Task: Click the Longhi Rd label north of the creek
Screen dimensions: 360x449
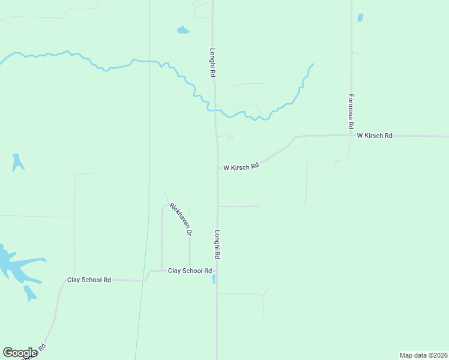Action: tap(212, 62)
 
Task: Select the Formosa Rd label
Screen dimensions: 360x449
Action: tap(351, 112)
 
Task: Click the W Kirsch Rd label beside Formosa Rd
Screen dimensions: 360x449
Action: tap(375, 136)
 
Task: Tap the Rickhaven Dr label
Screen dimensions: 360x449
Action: tap(180, 219)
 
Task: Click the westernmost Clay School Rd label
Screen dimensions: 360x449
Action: tap(89, 280)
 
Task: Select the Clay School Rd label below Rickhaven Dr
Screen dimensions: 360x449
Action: tap(190, 271)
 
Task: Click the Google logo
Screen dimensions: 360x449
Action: tap(20, 353)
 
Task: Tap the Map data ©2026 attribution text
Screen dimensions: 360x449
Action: tap(423, 355)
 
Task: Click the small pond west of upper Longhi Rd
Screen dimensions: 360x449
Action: tap(183, 29)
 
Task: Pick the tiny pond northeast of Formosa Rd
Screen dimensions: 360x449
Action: tap(360, 17)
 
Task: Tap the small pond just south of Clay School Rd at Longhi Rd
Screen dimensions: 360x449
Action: tap(214, 279)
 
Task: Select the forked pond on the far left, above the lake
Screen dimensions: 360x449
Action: tap(17, 162)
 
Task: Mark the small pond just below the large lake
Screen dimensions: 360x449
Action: tap(29, 293)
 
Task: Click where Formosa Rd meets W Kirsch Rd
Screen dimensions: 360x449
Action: tap(352, 136)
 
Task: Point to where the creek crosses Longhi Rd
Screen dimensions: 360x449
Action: tap(215, 110)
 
